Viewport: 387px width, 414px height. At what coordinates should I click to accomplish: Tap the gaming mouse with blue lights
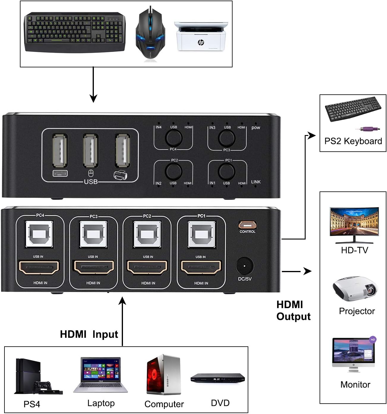(x=150, y=36)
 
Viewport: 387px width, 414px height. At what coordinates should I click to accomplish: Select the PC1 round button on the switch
(x=227, y=171)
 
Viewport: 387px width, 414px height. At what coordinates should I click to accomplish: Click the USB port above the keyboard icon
(x=60, y=150)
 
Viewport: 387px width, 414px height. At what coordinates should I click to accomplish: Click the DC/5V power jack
(x=245, y=266)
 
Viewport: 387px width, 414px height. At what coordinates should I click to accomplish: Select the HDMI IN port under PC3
(x=94, y=267)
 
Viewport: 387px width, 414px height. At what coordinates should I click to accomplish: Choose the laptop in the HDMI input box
(x=101, y=375)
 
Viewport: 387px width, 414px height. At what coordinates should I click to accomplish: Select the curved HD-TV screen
(x=354, y=223)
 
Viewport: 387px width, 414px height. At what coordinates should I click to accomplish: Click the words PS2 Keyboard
(x=353, y=141)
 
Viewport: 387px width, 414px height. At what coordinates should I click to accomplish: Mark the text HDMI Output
(x=293, y=311)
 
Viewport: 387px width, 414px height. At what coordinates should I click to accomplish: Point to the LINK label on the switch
(x=256, y=182)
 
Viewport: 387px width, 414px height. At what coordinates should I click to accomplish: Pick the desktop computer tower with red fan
(x=163, y=375)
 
